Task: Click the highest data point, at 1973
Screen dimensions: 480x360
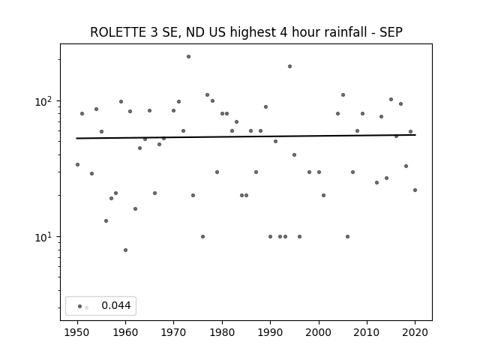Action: [188, 57]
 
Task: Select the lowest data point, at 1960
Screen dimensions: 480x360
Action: [125, 250]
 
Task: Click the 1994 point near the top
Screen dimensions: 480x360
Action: [289, 67]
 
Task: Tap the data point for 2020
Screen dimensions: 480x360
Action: [415, 190]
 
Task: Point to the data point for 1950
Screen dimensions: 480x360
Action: [77, 165]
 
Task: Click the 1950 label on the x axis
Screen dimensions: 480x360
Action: [77, 332]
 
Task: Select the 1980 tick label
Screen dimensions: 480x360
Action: [222, 332]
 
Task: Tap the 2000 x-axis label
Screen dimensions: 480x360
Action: [318, 332]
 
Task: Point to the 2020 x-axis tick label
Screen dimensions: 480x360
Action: [415, 332]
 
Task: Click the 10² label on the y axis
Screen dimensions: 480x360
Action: [45, 101]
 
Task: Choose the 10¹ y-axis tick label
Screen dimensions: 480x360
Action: [45, 237]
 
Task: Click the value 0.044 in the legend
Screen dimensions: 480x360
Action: [116, 305]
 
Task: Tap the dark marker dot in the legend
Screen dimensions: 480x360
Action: [80, 306]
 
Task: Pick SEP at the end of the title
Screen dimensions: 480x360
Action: [391, 32]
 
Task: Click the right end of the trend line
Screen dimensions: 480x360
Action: [415, 135]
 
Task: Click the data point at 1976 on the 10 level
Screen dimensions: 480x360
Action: [202, 237]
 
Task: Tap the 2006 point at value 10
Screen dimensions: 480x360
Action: [347, 237]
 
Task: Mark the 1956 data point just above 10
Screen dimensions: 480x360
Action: [106, 220]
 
